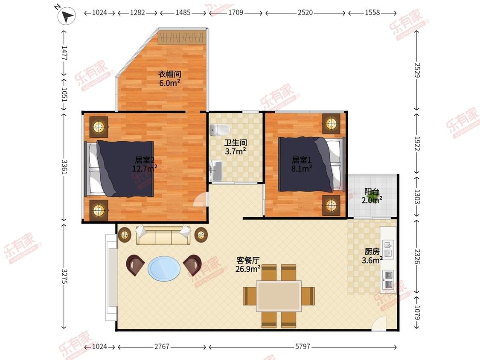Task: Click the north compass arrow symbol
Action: [x=67, y=16]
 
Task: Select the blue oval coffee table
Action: [x=164, y=268]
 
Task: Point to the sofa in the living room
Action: [x=163, y=235]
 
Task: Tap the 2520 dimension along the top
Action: [x=305, y=12]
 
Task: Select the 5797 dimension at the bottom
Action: [x=303, y=346]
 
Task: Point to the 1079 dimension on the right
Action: [x=416, y=312]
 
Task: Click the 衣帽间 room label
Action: [x=169, y=74]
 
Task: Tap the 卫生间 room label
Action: [x=236, y=142]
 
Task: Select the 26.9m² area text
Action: [x=248, y=269]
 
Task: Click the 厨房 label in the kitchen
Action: [x=372, y=252]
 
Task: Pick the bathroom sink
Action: [x=216, y=171]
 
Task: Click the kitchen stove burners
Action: [x=388, y=279]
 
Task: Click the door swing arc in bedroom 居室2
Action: [x=201, y=200]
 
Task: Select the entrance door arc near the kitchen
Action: [x=380, y=324]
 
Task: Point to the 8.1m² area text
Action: [x=302, y=168]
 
